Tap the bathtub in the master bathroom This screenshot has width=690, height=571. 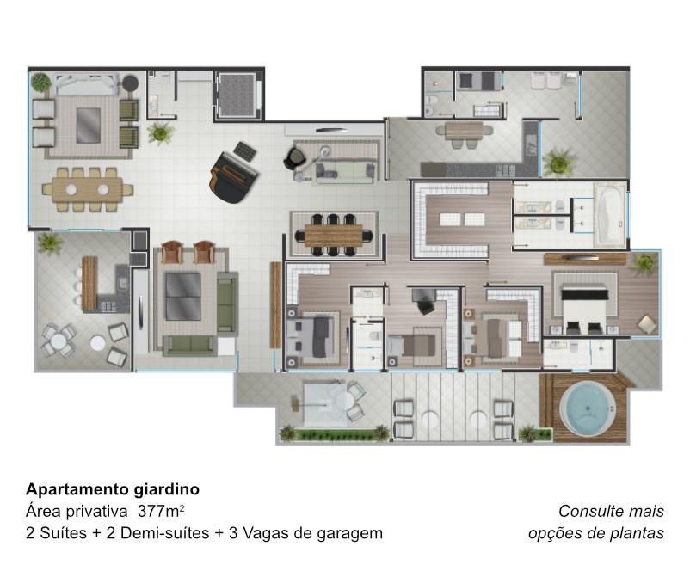pyautogui.click(x=609, y=215)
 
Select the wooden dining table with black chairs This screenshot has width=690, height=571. pyautogui.click(x=333, y=235)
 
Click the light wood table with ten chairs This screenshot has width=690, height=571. pyautogui.click(x=87, y=189)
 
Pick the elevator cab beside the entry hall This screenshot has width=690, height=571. pyautogui.click(x=237, y=95)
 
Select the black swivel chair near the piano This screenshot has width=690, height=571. pyautogui.click(x=293, y=158)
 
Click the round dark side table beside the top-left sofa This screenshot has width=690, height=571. pyautogui.click(x=130, y=83)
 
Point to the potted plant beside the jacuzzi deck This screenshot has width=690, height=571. pyautogui.click(x=529, y=433)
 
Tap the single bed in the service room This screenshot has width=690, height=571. pyautogui.click(x=478, y=81)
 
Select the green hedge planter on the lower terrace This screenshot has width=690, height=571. pyautogui.click(x=336, y=435)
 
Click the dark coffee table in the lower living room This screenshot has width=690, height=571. pyautogui.click(x=183, y=297)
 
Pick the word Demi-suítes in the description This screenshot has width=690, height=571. pyautogui.click(x=164, y=534)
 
